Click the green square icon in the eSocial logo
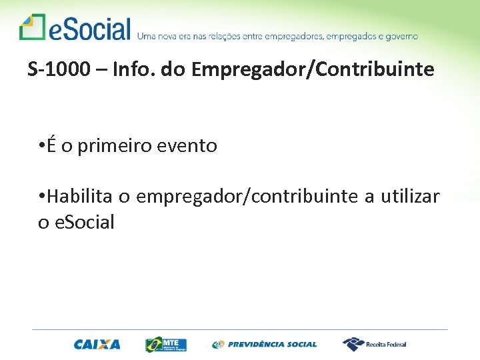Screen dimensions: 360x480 [x=31, y=27]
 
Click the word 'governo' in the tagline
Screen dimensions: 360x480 [x=400, y=36]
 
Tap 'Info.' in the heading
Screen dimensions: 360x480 [x=129, y=69]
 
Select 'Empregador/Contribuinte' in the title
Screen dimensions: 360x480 [x=312, y=69]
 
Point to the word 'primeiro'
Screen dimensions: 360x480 [x=113, y=146]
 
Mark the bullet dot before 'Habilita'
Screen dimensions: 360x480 [x=41, y=197]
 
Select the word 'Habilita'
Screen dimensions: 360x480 [x=79, y=197]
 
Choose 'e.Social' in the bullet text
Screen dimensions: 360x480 [x=85, y=222]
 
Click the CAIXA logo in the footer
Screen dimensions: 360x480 [x=97, y=345]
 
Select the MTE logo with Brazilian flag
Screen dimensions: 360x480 [x=166, y=345]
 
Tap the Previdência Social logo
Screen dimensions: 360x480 [x=265, y=345]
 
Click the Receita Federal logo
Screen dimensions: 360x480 [x=375, y=344]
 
